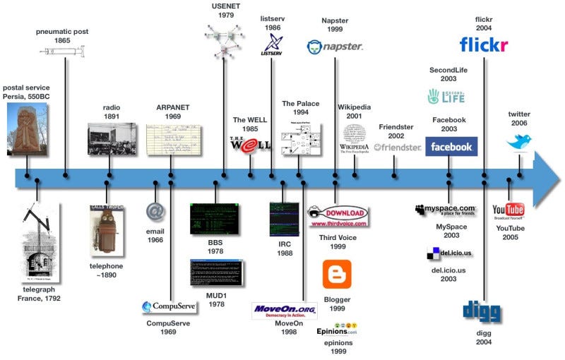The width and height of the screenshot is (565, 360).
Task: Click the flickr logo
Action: tap(484, 45)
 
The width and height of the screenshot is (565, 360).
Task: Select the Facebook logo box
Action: tap(451, 147)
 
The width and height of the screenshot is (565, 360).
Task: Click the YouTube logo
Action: tap(509, 210)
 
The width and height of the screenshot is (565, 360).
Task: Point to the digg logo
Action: tap(482, 311)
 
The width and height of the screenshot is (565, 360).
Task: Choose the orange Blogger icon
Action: tap(337, 275)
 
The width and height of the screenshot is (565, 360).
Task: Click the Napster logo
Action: tap(335, 47)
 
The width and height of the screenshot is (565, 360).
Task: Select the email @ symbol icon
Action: tap(155, 212)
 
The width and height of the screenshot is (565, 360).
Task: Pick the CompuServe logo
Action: tap(169, 307)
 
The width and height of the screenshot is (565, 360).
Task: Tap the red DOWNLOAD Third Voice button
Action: tap(338, 213)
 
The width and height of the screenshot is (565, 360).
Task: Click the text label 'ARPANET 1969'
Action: tap(173, 112)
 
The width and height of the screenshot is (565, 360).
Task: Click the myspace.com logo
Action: tap(445, 210)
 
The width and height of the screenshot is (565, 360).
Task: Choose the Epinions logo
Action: tap(337, 329)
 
